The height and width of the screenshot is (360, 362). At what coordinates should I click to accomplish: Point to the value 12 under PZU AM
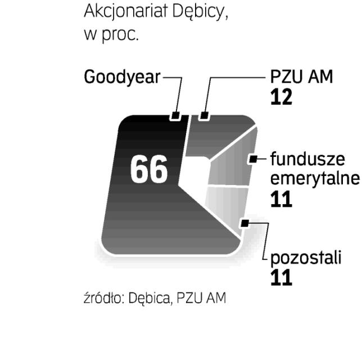281,97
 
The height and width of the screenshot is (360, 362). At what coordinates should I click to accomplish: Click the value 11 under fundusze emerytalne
281,200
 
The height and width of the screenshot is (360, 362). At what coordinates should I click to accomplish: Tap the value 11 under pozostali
281,278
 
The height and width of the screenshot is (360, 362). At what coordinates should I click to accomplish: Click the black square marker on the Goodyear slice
176,117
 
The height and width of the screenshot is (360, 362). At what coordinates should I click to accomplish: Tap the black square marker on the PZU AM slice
204,117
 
